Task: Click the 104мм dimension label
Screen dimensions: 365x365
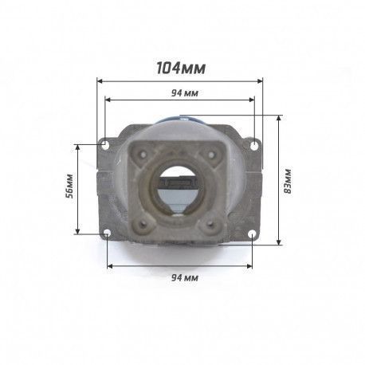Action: pyautogui.click(x=181, y=69)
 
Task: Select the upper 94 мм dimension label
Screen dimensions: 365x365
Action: pyautogui.click(x=184, y=93)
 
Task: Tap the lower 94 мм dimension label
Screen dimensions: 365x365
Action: pyautogui.click(x=184, y=278)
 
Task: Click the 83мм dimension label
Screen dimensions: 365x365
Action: pyautogui.click(x=288, y=181)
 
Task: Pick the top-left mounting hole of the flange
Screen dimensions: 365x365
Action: pyautogui.click(x=105, y=144)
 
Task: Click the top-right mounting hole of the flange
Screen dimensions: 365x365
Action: pyautogui.click(x=255, y=145)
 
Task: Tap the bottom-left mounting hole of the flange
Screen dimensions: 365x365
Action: pyautogui.click(x=107, y=234)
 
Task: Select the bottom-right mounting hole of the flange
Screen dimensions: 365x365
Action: pyautogui.click(x=252, y=234)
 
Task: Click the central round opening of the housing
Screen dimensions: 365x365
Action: pyautogui.click(x=178, y=189)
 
